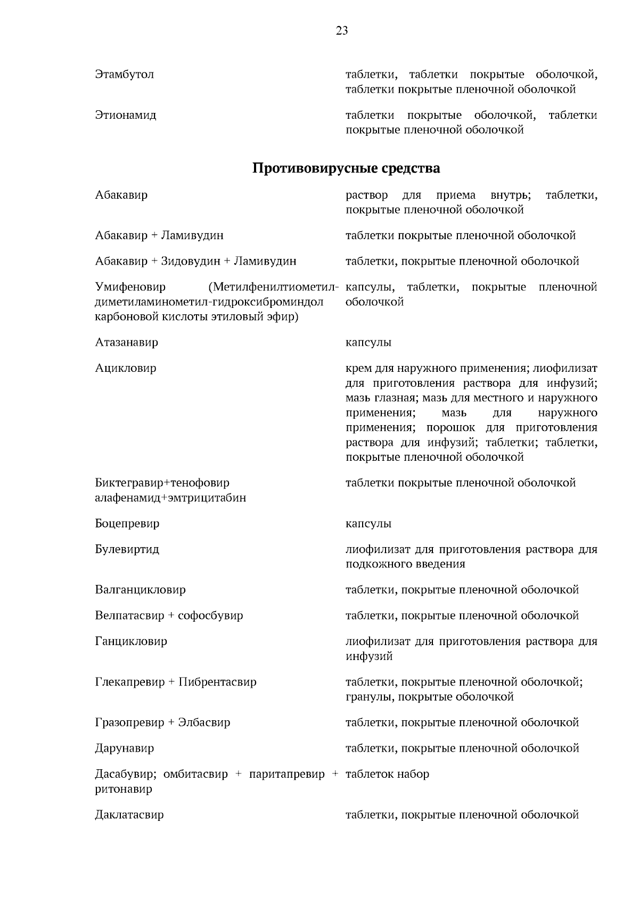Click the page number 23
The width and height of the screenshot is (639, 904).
(x=342, y=31)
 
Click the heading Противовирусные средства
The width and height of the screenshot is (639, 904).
(x=346, y=169)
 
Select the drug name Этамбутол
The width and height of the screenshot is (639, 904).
(x=125, y=75)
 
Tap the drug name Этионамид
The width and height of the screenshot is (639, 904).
(x=126, y=115)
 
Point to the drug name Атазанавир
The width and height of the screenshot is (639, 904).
(x=127, y=343)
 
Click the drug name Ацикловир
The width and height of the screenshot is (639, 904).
(x=126, y=368)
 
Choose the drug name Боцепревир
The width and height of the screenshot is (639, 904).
(x=127, y=524)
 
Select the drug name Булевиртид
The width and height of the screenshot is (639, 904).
(x=127, y=549)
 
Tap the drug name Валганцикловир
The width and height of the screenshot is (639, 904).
(x=141, y=590)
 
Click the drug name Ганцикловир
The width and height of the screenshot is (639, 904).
(x=131, y=641)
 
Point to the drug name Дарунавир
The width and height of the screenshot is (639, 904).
(x=125, y=748)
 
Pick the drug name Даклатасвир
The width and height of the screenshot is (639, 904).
(x=129, y=815)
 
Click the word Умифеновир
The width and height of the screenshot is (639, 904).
(x=130, y=288)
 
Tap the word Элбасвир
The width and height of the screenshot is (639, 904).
(x=205, y=723)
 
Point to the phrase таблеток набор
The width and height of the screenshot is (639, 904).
(x=387, y=774)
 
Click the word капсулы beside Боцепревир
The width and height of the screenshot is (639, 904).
(x=368, y=524)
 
